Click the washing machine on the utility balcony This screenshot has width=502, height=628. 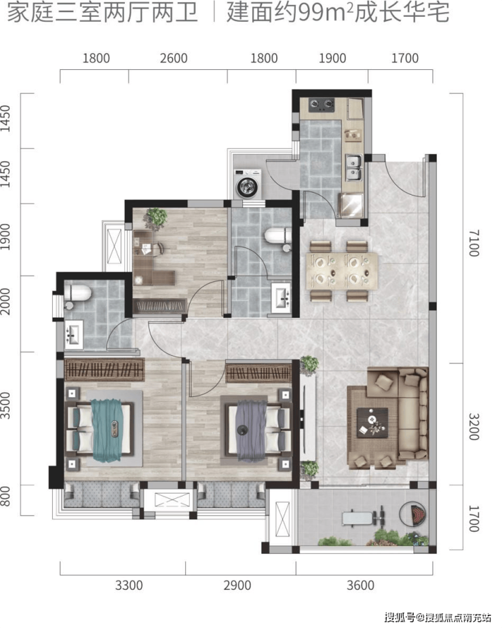[248, 184]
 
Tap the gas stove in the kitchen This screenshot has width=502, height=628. [321, 105]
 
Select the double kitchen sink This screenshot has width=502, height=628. [353, 168]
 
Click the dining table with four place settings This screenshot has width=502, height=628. [342, 271]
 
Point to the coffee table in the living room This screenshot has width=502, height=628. [372, 422]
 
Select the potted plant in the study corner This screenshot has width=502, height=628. [157, 219]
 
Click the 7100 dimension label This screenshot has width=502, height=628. [474, 242]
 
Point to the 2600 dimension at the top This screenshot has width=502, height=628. [174, 58]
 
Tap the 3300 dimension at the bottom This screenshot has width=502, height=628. [129, 585]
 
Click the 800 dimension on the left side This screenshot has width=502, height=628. [5, 496]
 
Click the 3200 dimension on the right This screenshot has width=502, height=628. [474, 427]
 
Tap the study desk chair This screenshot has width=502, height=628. [158, 249]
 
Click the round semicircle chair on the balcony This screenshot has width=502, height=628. [414, 513]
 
